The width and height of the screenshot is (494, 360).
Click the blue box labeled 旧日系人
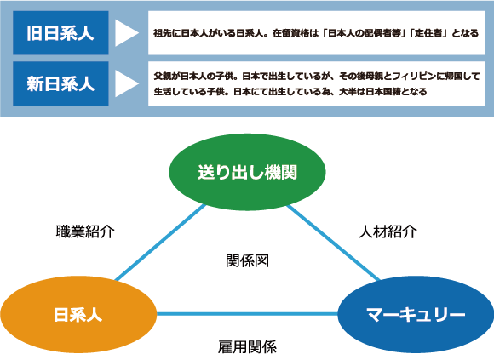pyautogui.click(x=60, y=32)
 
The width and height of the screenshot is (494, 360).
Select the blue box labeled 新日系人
pyautogui.click(x=60, y=83)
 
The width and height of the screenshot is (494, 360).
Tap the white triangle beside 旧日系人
pyautogui.click(x=127, y=32)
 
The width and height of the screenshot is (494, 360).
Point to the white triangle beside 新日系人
pyautogui.click(x=127, y=83)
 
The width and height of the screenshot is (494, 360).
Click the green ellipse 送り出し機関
pyautogui.click(x=247, y=172)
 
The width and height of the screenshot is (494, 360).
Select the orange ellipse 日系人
pyautogui.click(x=78, y=314)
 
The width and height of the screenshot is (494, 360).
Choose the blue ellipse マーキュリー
pyautogui.click(x=416, y=314)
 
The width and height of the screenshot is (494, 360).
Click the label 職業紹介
pyautogui.click(x=85, y=232)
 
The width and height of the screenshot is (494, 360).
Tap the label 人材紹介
pyautogui.click(x=388, y=232)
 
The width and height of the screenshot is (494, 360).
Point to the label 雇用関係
pyautogui.click(x=247, y=347)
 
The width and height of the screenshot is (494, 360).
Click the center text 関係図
pyautogui.click(x=247, y=261)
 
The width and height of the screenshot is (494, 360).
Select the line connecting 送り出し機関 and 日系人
pyautogui.click(x=161, y=243)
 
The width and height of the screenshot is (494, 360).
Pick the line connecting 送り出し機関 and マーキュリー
pyautogui.click(x=333, y=243)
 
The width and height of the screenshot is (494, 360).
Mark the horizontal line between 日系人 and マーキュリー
pyautogui.click(x=247, y=314)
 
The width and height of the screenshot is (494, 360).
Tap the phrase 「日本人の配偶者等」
pyautogui.click(x=365, y=33)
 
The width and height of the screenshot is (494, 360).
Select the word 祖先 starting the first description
pyautogui.click(x=161, y=33)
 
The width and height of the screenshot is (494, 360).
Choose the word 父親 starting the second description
pyautogui.click(x=161, y=76)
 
